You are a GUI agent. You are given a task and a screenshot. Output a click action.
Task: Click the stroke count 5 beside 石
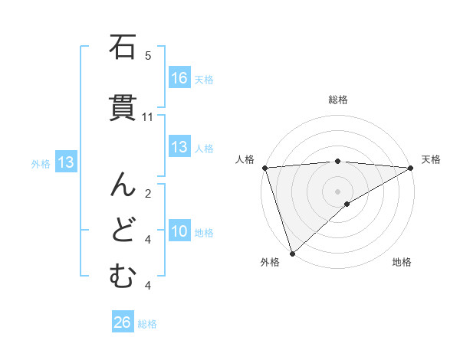tap(148, 56)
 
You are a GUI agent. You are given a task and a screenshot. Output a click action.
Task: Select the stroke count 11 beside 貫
tap(148, 117)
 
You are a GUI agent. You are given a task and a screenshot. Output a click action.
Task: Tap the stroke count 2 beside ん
tap(148, 194)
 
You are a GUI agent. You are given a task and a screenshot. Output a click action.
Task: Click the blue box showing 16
tap(179, 78)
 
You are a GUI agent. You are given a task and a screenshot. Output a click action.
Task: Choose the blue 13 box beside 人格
tap(179, 147)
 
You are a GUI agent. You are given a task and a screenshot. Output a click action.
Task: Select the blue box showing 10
tap(179, 231)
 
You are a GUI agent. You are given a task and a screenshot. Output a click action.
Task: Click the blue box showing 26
tap(123, 322)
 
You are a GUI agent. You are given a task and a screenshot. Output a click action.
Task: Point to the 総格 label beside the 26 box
tap(147, 324)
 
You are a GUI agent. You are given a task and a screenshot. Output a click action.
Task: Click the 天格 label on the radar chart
tap(431, 159)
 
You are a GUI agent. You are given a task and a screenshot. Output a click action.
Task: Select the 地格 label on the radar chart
tap(402, 262)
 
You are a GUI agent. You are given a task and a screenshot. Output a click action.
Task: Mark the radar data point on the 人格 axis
tap(264, 168)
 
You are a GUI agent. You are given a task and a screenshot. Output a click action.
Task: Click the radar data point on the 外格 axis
tap(291, 253)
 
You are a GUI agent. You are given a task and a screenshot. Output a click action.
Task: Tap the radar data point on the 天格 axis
tap(410, 168)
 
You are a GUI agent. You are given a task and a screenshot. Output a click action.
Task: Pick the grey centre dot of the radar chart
tap(337, 191)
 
